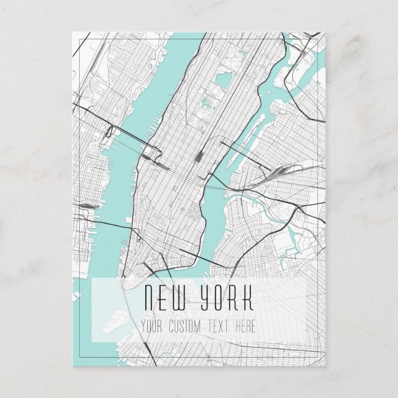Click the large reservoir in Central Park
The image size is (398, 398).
(220, 81)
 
